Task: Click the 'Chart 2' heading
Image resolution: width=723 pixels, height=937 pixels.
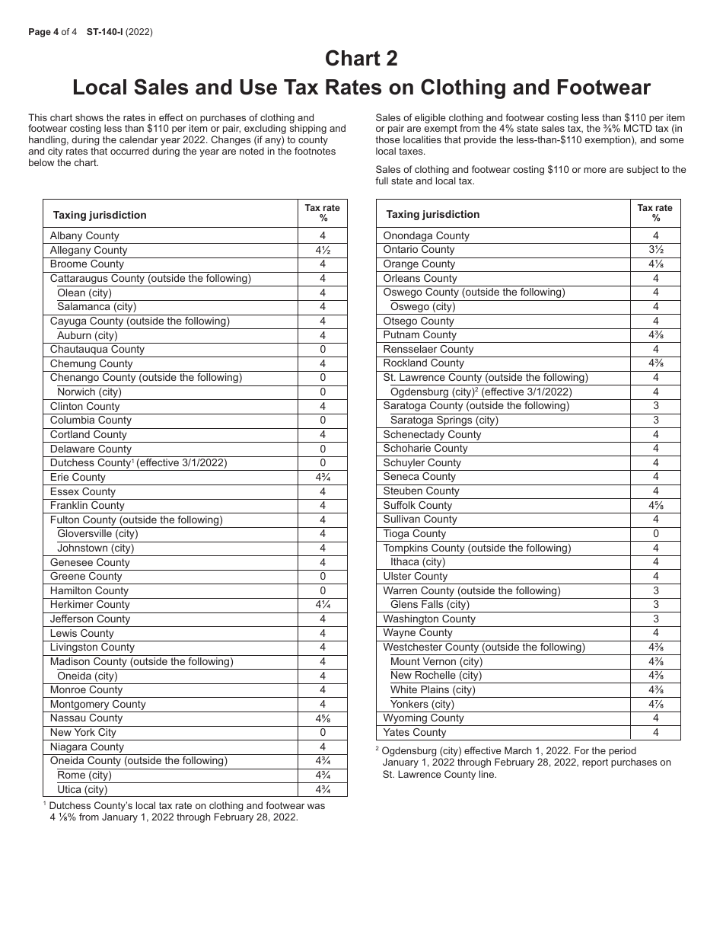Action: pyautogui.click(x=361, y=59)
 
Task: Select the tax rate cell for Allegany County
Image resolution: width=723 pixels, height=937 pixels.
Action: pyautogui.click(x=323, y=251)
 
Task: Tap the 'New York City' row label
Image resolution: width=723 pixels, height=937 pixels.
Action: pyautogui.click(x=83, y=733)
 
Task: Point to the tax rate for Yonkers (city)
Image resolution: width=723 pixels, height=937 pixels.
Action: pyautogui.click(x=656, y=705)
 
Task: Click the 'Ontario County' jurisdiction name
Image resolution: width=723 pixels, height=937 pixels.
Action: pyautogui.click(x=419, y=250)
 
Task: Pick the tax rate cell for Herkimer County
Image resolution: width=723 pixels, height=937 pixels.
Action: pyautogui.click(x=323, y=605)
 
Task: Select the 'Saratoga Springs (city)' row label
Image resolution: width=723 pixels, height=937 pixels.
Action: pyautogui.click(x=444, y=421)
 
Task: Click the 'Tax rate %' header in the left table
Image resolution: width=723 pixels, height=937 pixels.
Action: pyautogui.click(x=323, y=213)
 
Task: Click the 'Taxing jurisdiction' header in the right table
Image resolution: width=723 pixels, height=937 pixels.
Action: pyautogui.click(x=433, y=215)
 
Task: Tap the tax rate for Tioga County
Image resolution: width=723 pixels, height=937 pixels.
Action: pyautogui.click(x=656, y=534)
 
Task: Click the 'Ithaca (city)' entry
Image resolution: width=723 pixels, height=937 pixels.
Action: pyautogui.click(x=418, y=562)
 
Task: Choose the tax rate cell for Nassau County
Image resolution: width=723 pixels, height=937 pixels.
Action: pyautogui.click(x=323, y=718)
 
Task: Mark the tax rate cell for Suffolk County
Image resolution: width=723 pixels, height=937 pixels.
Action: pyautogui.click(x=656, y=506)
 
